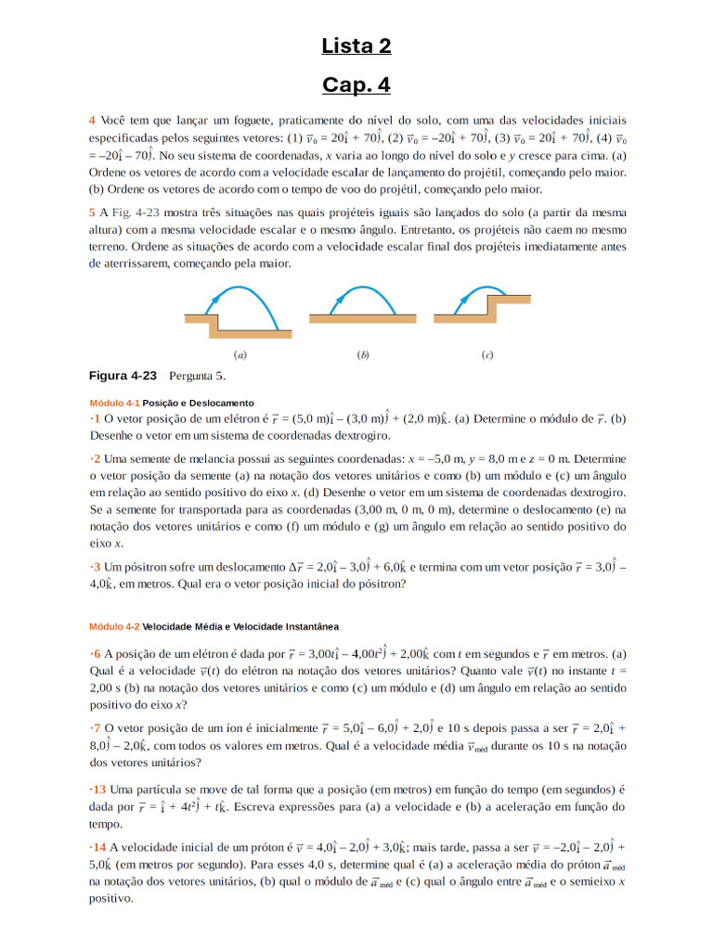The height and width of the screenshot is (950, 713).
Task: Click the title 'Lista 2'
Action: click(356, 46)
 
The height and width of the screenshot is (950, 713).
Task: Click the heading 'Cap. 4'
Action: click(356, 85)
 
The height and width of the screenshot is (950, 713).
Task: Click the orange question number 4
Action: click(92, 121)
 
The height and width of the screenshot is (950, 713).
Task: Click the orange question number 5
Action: click(92, 212)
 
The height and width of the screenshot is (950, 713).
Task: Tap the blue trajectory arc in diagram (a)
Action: click(243, 290)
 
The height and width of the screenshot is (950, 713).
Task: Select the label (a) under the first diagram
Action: click(240, 354)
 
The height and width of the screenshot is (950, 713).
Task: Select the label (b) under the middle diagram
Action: click(363, 354)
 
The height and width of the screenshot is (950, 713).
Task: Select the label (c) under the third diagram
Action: click(486, 354)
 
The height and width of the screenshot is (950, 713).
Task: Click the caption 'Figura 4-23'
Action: click(122, 376)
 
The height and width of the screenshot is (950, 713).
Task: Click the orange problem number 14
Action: click(97, 847)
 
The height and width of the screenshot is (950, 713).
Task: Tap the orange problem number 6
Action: click(95, 653)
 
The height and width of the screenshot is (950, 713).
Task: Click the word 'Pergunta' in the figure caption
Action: click(191, 376)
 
